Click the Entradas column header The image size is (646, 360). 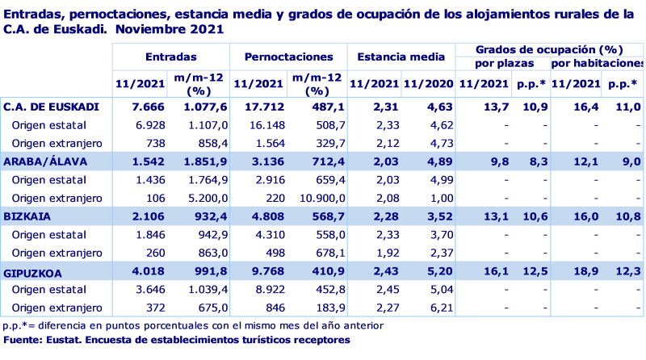tap(171, 58)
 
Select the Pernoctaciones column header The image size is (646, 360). tap(288, 58)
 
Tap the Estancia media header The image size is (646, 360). tap(401, 58)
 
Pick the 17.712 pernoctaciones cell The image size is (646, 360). tap(265, 107)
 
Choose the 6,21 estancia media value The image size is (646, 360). tap(432, 308)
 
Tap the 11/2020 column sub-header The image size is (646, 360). tap(426, 83)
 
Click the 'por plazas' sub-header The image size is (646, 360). tap(501, 63)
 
